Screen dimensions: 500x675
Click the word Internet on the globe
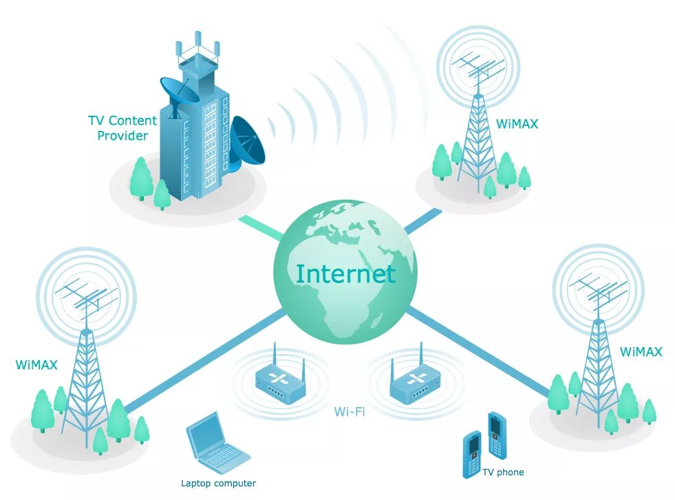pyautogui.click(x=345, y=273)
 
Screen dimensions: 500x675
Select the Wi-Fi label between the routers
pyautogui.click(x=350, y=412)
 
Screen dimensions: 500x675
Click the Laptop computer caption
pyautogui.click(x=218, y=483)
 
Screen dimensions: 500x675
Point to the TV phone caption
pyautogui.click(x=503, y=472)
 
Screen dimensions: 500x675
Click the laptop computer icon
pyautogui.click(x=215, y=445)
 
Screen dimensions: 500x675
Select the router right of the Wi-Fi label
pyautogui.click(x=414, y=382)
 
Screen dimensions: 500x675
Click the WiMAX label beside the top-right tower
pyautogui.click(x=517, y=125)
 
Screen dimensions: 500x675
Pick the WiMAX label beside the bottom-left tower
pyautogui.click(x=36, y=364)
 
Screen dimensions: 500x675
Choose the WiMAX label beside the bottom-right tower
pyautogui.click(x=641, y=352)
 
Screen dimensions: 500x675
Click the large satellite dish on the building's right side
pyautogui.click(x=247, y=143)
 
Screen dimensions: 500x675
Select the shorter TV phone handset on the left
pyautogui.click(x=472, y=454)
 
